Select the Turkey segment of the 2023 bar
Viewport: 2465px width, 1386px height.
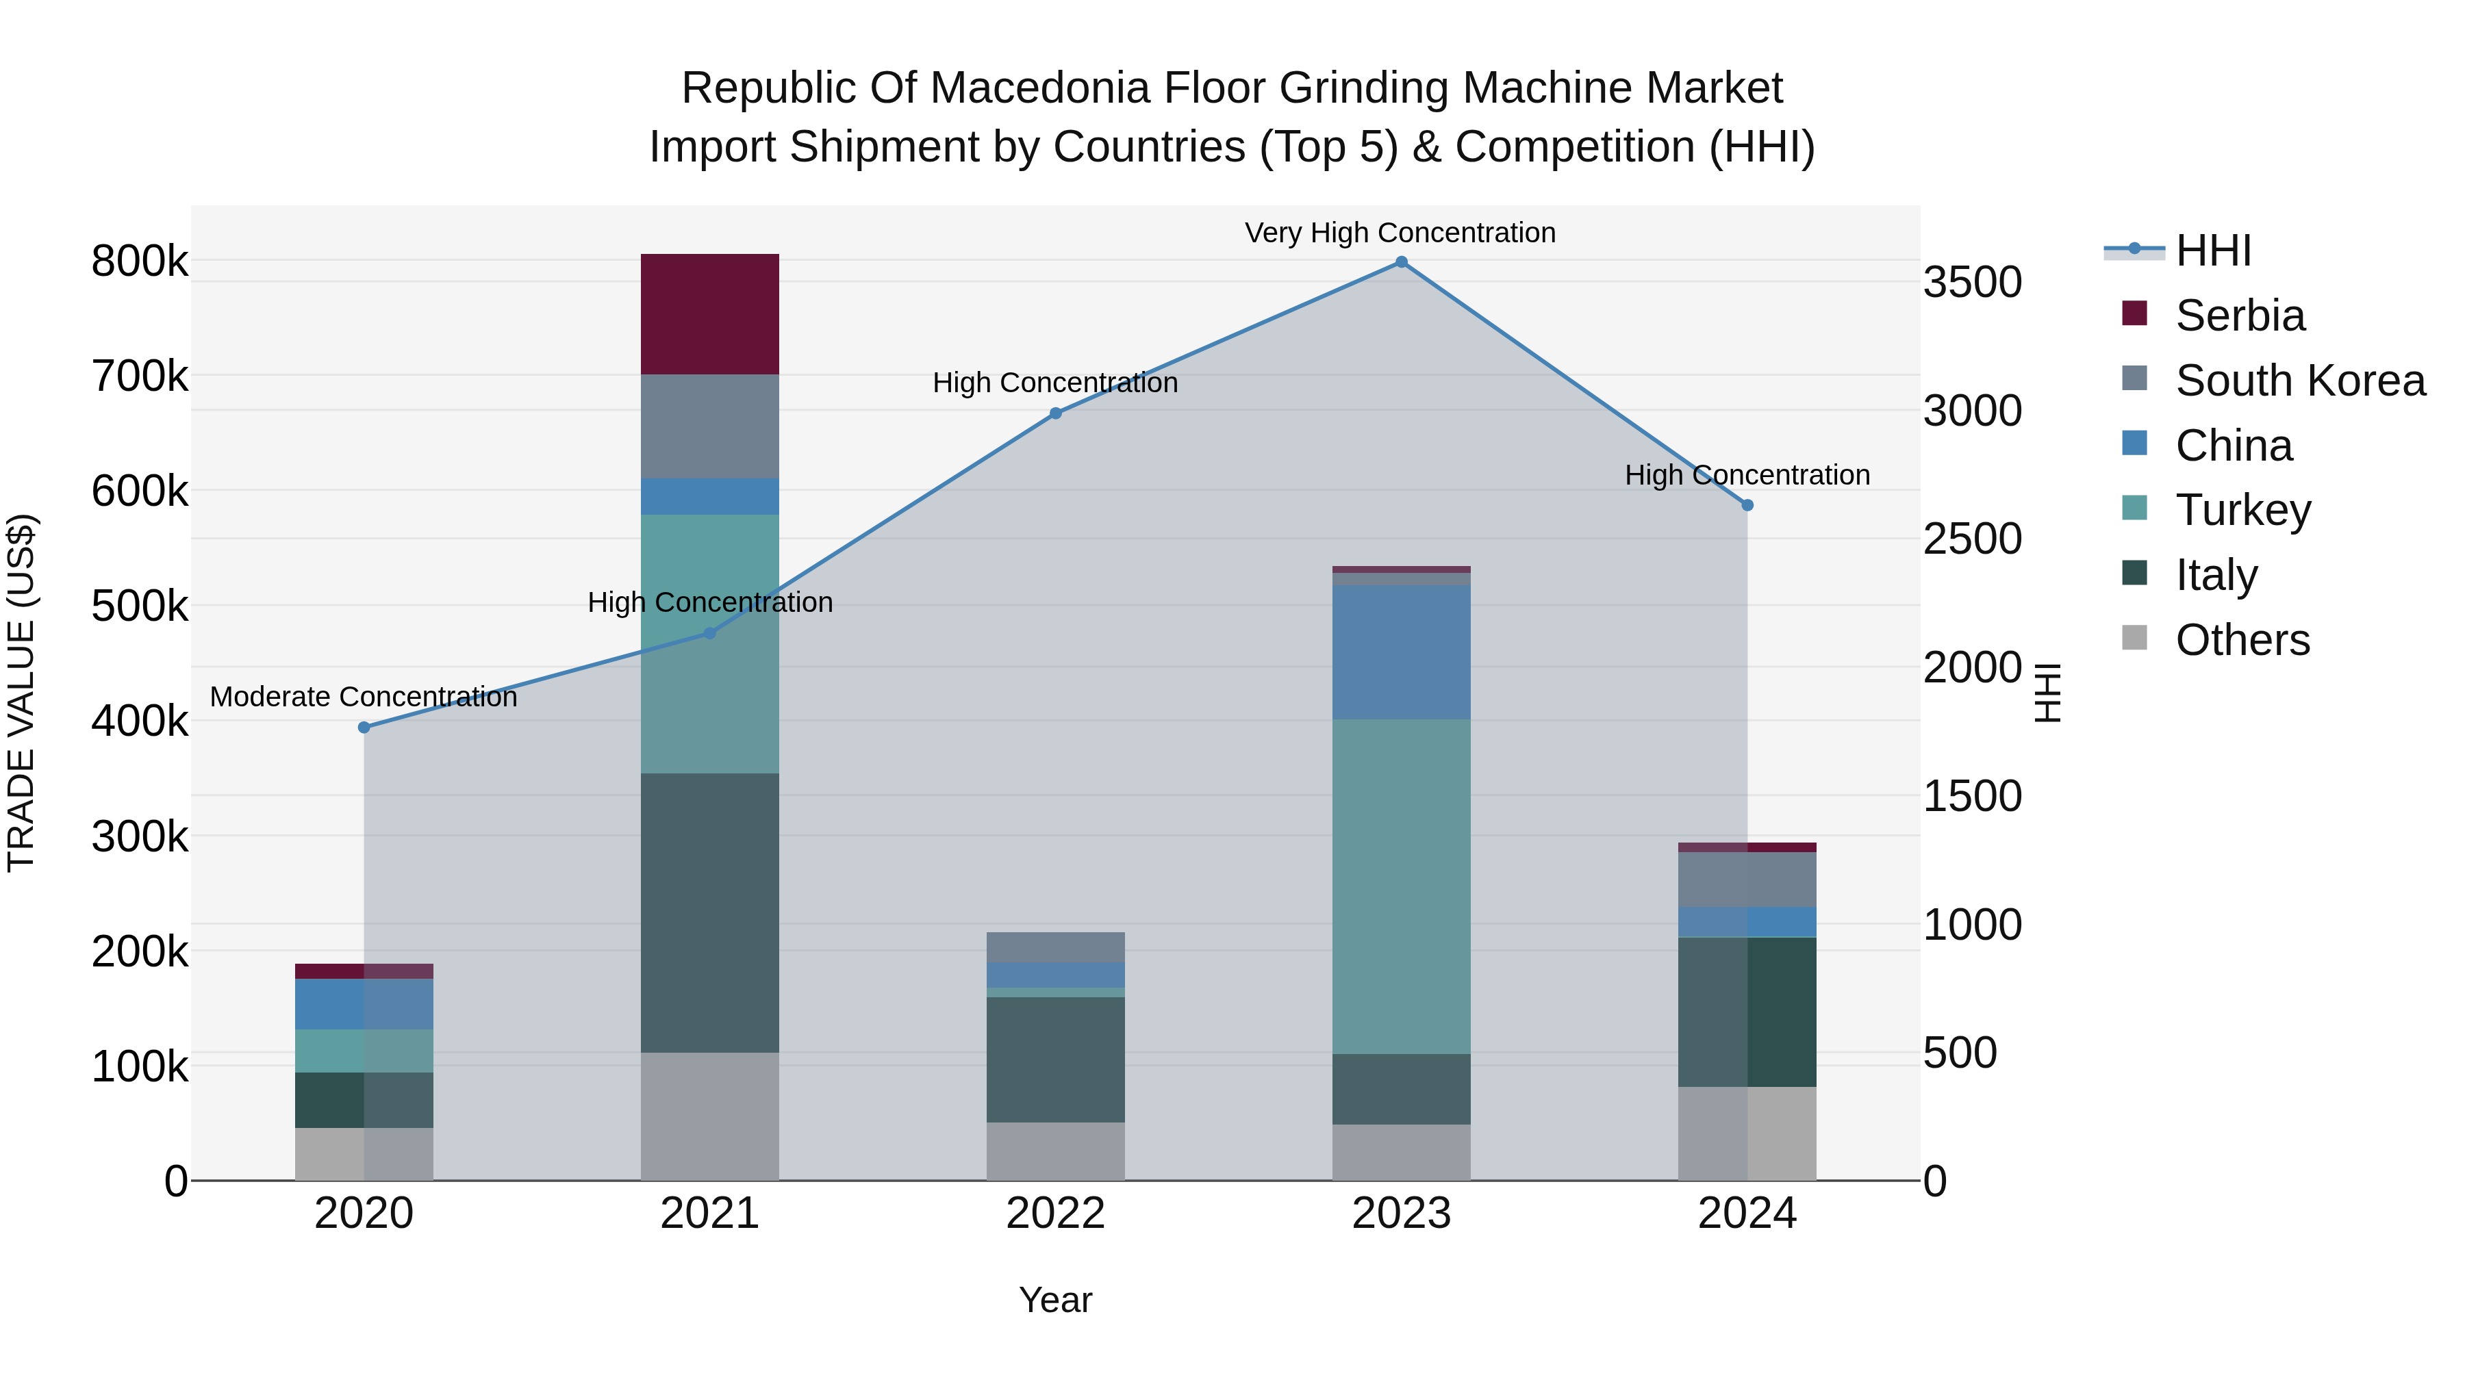(1401, 886)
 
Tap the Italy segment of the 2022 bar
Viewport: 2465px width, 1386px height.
(1055, 1059)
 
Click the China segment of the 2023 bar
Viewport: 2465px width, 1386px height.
(1401, 652)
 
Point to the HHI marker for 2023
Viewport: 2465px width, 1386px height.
(1401, 262)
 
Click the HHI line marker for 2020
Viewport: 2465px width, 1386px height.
(364, 727)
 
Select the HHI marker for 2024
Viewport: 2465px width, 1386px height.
(1747, 505)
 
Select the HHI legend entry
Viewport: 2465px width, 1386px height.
(2212, 251)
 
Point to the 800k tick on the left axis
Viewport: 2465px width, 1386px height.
(140, 261)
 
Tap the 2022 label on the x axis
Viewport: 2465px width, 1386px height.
(1055, 1214)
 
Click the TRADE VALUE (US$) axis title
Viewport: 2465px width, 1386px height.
(21, 693)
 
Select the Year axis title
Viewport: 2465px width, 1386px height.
(1054, 1300)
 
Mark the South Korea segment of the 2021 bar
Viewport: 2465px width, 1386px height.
(709, 426)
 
